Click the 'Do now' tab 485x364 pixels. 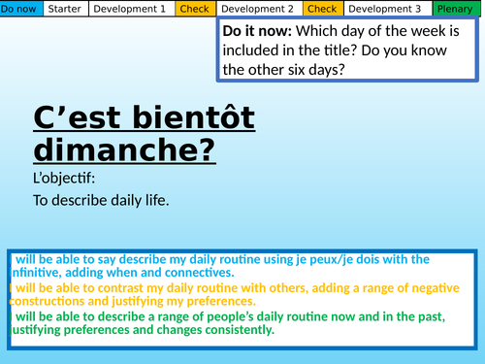tap(21, 9)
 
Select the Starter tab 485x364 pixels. tap(65, 9)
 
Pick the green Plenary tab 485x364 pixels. tap(455, 9)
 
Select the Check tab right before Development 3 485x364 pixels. tap(322, 9)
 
